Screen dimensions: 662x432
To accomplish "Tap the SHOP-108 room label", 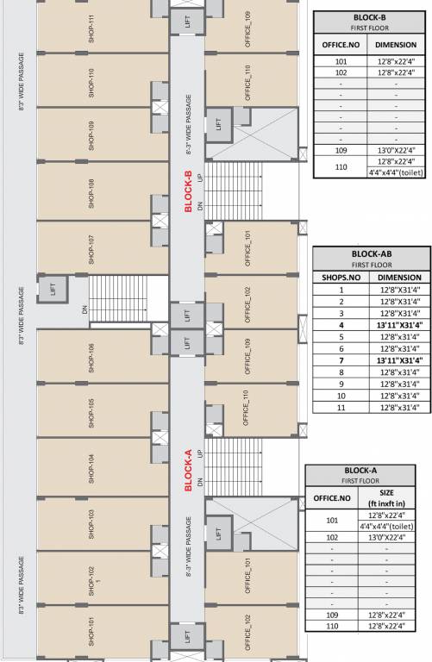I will point(91,194).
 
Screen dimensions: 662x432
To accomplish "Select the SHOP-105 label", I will point(91,413).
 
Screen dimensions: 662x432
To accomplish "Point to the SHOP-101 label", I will point(91,632).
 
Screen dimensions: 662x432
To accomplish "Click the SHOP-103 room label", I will point(91,524).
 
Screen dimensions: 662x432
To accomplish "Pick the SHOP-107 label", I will point(91,250).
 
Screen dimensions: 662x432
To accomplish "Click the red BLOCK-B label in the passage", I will point(188,191).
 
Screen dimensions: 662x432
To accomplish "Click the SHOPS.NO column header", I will point(341,278).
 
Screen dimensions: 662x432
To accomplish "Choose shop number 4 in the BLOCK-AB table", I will point(341,325).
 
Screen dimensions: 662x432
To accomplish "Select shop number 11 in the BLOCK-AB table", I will point(341,407).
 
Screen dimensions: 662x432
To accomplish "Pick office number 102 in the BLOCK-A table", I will point(332,536).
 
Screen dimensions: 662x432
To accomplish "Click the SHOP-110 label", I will point(91,84).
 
